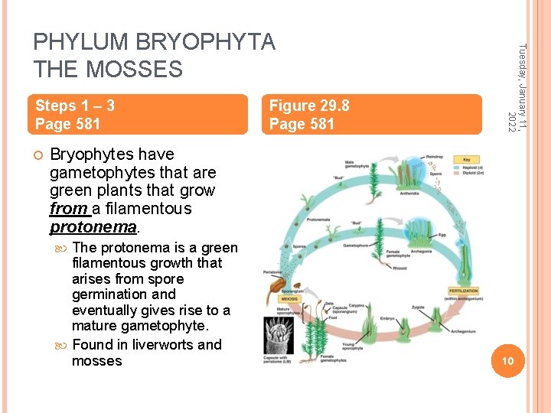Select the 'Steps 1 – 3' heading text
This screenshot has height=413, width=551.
[75, 106]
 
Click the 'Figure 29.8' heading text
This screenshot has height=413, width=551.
[309, 106]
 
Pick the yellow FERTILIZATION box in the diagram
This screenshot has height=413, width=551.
[465, 291]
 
